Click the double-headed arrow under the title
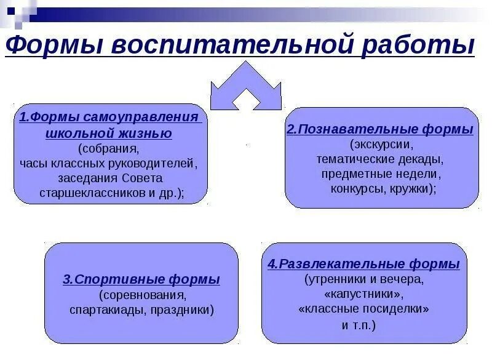245,86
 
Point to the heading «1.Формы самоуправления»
109,118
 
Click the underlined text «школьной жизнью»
109,133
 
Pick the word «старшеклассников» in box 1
81,193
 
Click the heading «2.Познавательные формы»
380,130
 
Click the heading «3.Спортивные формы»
141,279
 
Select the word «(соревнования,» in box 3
141,294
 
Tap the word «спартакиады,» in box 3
105,310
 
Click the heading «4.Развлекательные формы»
363,265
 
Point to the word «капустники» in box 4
363,294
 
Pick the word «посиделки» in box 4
397,309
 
